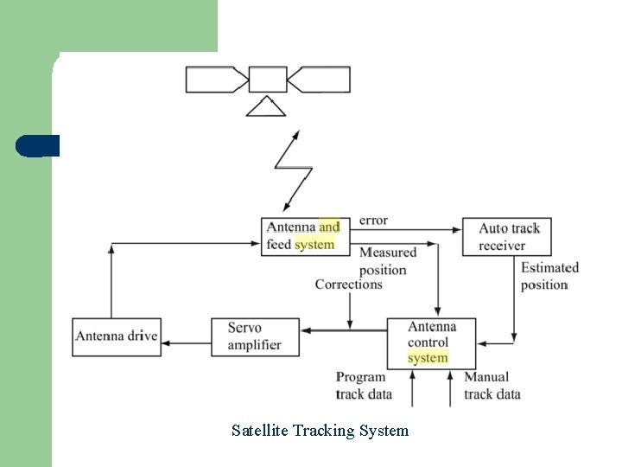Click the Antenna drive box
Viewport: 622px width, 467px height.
coord(116,336)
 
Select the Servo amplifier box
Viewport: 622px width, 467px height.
coord(255,336)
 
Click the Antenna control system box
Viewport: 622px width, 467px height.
coord(431,343)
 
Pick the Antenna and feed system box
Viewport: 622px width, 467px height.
coord(306,236)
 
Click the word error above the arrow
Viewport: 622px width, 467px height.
coord(373,221)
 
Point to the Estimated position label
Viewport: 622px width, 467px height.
coord(549,276)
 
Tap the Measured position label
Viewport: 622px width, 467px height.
coord(387,260)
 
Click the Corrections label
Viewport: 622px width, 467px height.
coord(348,285)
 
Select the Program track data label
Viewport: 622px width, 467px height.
coord(364,386)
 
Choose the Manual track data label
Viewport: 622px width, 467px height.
coord(492,386)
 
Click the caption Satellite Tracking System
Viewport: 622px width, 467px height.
coord(320,430)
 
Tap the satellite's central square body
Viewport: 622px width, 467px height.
coord(268,79)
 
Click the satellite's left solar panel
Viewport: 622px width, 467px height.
coord(216,79)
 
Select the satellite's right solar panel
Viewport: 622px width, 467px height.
coord(320,79)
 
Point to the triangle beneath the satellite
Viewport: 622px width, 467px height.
coord(267,107)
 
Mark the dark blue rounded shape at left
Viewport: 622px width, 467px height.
coord(37,146)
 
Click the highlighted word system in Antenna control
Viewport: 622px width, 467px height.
coord(428,358)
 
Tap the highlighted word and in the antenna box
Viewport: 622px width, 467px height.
coord(329,227)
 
